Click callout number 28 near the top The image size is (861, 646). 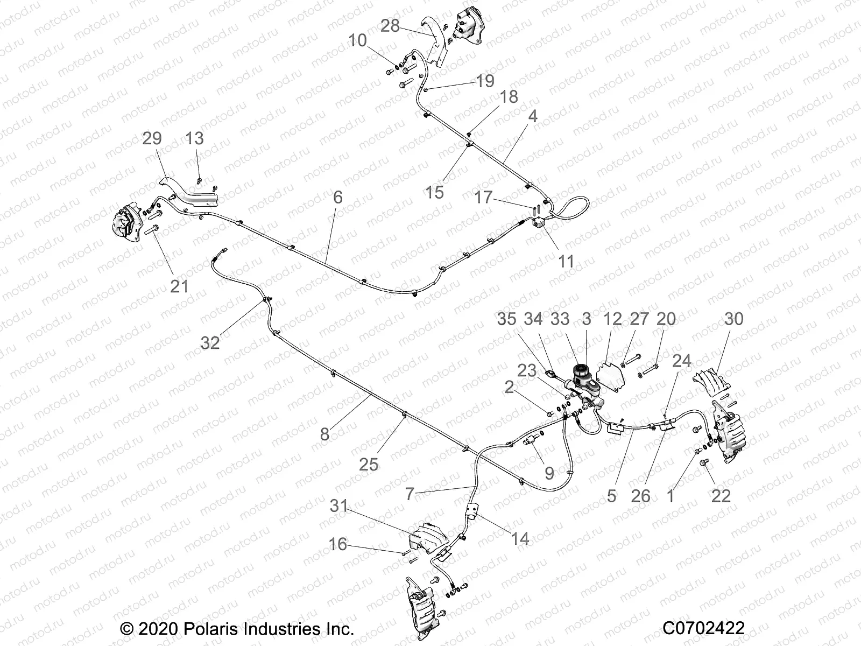tap(390, 25)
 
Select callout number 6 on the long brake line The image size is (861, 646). tap(337, 197)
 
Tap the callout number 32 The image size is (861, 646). tap(210, 342)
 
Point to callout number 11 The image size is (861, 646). tap(566, 262)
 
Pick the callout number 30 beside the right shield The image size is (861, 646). tap(733, 319)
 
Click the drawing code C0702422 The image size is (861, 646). tap(704, 628)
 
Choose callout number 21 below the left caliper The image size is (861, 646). tap(179, 286)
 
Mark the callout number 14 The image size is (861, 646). tap(520, 538)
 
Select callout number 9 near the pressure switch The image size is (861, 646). tap(549, 473)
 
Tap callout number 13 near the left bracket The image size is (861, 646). tap(194, 138)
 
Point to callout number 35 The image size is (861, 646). tap(506, 319)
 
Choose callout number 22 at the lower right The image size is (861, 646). tap(721, 495)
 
